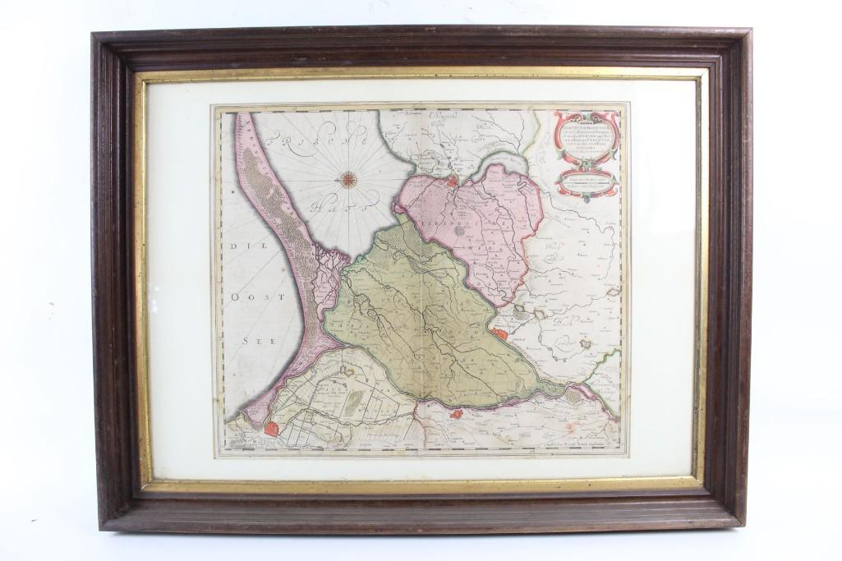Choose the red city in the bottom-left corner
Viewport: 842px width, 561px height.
272,429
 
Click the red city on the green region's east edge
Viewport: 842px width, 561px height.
500,333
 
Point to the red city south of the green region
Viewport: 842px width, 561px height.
457,415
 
